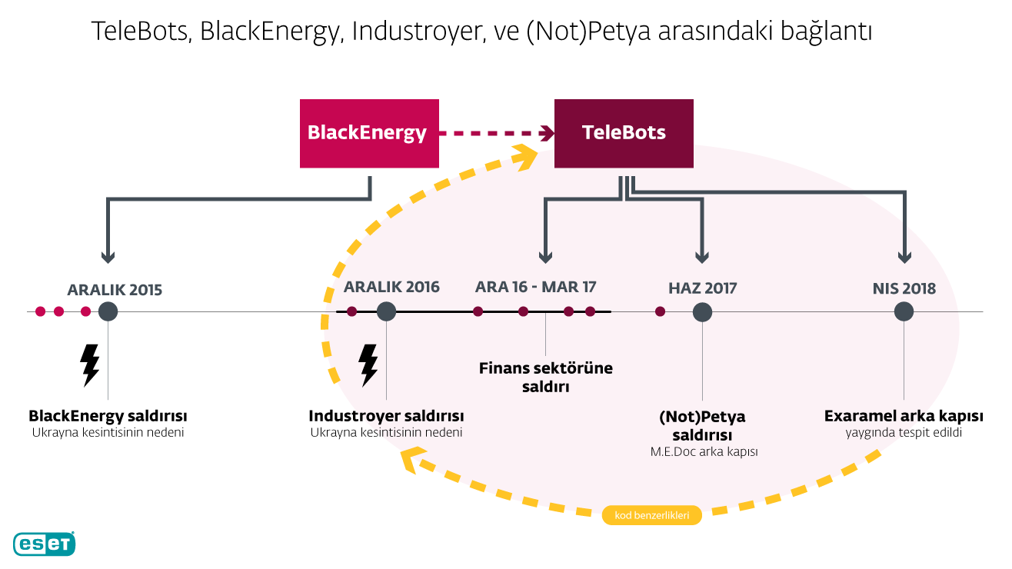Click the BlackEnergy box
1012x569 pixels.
click(x=369, y=134)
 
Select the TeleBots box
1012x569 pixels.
click(x=624, y=134)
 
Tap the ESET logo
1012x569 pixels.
click(x=44, y=544)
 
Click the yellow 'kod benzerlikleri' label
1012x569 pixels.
click(x=651, y=515)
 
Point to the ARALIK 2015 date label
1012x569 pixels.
click(x=115, y=290)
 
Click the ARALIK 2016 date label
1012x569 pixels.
click(x=391, y=288)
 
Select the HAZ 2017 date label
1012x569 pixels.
click(x=703, y=288)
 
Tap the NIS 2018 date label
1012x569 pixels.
click(x=904, y=288)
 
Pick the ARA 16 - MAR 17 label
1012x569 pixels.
click(x=535, y=288)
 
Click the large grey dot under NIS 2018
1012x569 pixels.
click(x=904, y=311)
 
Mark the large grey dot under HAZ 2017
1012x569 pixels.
click(x=702, y=312)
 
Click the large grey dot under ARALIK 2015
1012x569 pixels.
click(x=108, y=311)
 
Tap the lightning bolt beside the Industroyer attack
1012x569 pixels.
click(x=368, y=365)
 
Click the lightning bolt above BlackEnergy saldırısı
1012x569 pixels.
click(x=90, y=365)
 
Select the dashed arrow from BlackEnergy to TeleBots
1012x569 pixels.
click(x=497, y=133)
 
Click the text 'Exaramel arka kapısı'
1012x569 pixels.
click(x=904, y=416)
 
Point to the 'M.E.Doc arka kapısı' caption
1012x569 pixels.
click(x=704, y=451)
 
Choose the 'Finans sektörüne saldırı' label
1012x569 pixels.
click(x=546, y=378)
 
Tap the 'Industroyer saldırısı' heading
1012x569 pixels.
click(x=386, y=416)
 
